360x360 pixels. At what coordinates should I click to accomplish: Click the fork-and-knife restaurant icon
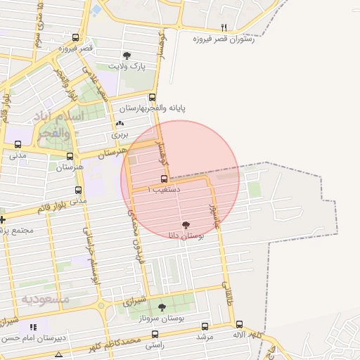point(224,28)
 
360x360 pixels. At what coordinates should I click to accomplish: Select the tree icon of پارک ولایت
point(127,56)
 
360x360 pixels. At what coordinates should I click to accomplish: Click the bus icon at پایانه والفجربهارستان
point(152,98)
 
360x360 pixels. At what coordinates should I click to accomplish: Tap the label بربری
point(120,133)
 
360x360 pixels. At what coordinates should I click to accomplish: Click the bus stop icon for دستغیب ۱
point(165,179)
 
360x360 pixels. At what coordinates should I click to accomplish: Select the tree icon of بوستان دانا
point(186,226)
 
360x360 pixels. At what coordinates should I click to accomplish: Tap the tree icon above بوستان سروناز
point(163,307)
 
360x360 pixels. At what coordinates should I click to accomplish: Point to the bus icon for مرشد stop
point(205,326)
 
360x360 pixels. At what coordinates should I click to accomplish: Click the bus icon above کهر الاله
point(239,325)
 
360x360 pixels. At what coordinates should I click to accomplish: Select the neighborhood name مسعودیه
point(46,299)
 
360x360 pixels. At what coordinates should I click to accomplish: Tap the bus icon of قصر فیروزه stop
point(75,38)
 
